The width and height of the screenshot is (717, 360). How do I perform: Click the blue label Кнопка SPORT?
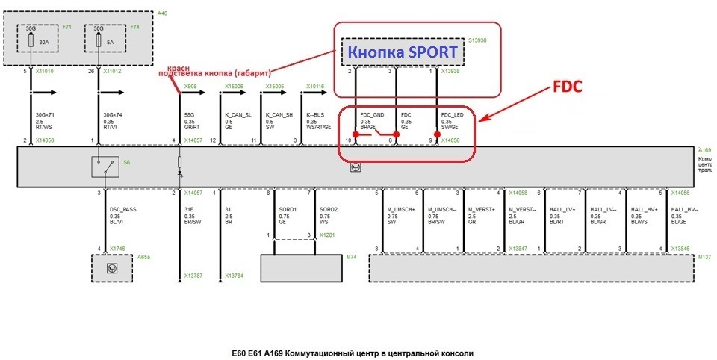(400, 53)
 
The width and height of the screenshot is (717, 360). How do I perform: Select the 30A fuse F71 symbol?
(31, 39)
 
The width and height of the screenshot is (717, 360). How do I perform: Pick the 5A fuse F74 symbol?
(99, 39)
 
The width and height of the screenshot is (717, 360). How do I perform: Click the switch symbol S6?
(105, 167)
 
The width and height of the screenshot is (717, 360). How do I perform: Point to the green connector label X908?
(190, 87)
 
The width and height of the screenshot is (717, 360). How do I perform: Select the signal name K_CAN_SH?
(278, 115)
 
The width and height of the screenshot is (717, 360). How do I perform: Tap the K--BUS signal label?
(316, 115)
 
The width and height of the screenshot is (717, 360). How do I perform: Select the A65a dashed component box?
(111, 267)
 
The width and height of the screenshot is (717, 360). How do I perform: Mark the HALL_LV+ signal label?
(562, 210)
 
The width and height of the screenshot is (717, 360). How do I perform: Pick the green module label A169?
(703, 149)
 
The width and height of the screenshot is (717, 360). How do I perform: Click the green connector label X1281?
(328, 235)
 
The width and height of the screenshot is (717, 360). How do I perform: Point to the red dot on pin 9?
(437, 134)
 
